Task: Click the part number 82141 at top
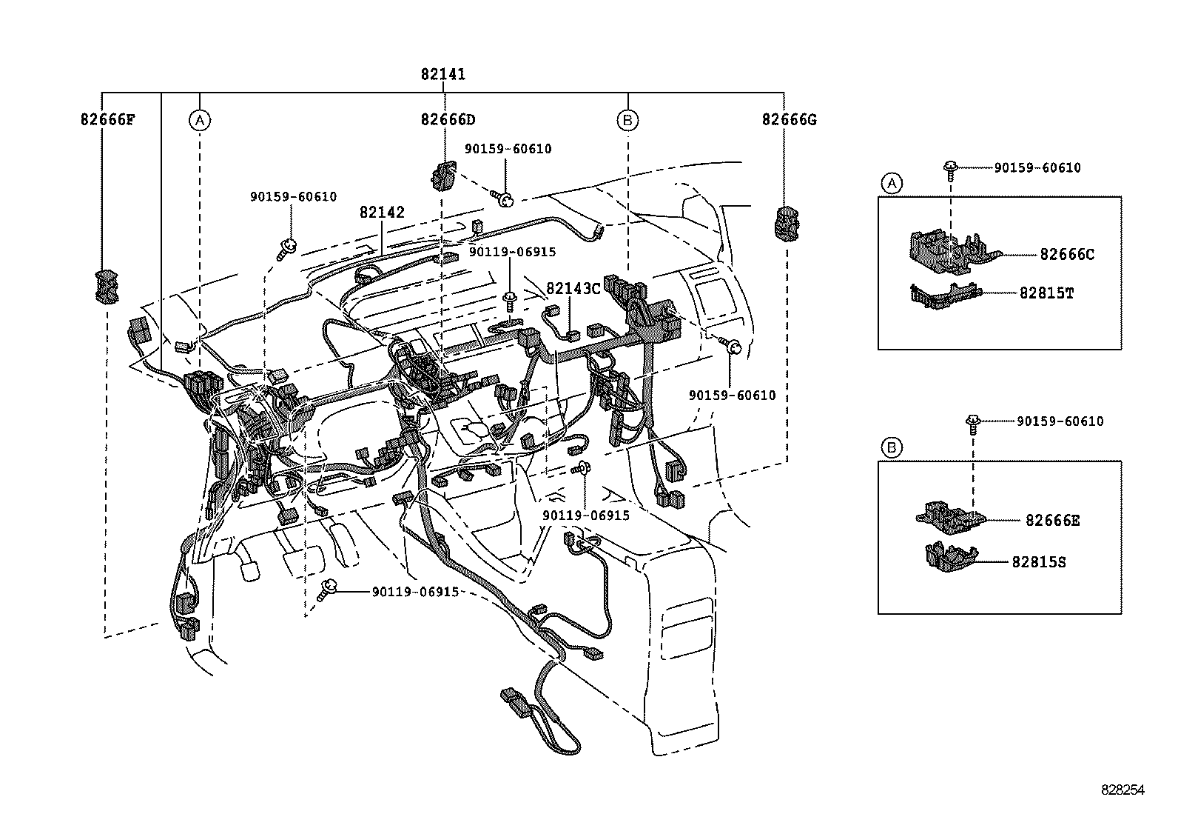tap(442, 74)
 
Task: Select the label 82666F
tap(107, 119)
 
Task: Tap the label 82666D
tap(448, 119)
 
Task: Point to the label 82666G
tap(789, 119)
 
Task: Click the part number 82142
tap(382, 213)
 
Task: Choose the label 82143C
tap(573, 288)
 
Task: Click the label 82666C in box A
tap(1066, 255)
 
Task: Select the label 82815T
tap(1046, 293)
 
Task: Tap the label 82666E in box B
tap(1052, 521)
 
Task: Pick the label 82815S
tap(1039, 562)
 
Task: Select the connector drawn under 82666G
tap(787, 224)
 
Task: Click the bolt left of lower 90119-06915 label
tap(325, 592)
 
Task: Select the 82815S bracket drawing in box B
tap(949, 556)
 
